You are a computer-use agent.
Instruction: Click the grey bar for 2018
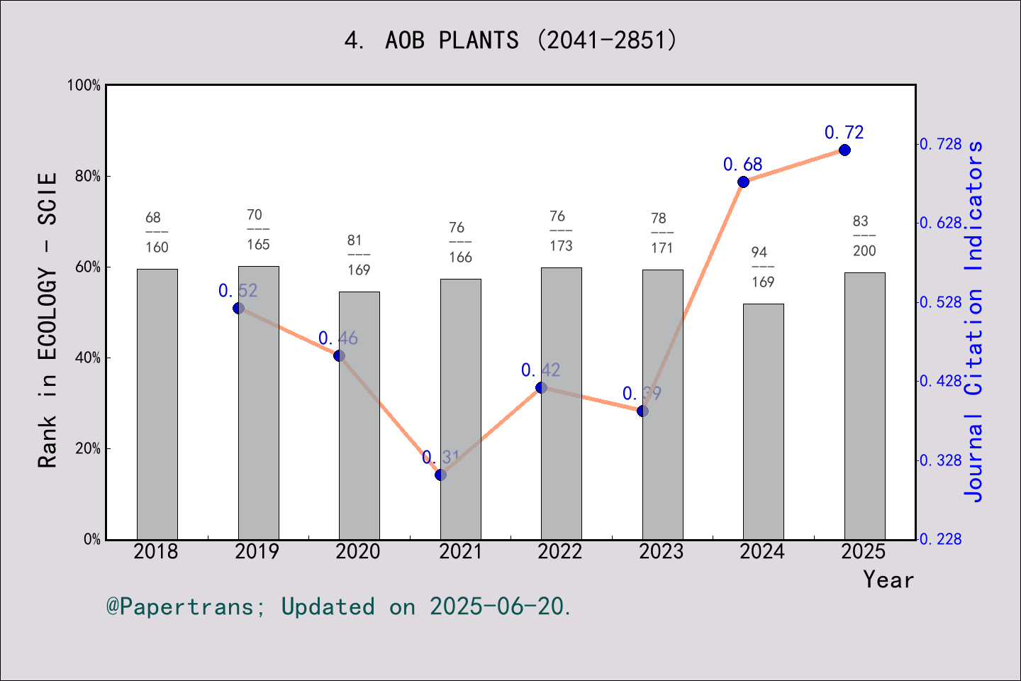tap(157, 404)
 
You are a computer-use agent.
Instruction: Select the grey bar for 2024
tap(763, 421)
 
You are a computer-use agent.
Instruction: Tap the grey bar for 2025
tap(864, 406)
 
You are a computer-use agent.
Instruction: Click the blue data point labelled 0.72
tap(844, 150)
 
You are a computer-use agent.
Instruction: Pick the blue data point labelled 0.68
tap(743, 182)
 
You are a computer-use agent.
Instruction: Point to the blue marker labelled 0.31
tap(440, 475)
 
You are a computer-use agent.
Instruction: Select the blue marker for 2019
tap(238, 308)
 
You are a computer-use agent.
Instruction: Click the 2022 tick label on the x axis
tap(560, 552)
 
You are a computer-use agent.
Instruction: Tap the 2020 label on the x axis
tap(358, 552)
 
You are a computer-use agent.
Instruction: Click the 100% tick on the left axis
tap(84, 86)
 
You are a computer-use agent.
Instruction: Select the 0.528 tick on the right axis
tap(941, 303)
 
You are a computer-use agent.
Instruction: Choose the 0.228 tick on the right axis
tap(941, 540)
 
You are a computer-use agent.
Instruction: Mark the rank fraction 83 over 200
tap(863, 236)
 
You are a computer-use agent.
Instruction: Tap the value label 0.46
tap(337, 338)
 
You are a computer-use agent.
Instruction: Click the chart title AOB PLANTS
tap(510, 40)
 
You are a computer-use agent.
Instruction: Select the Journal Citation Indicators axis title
tap(975, 321)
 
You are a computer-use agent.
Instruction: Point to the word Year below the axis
tap(888, 580)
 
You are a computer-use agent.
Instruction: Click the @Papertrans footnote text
tap(339, 607)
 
